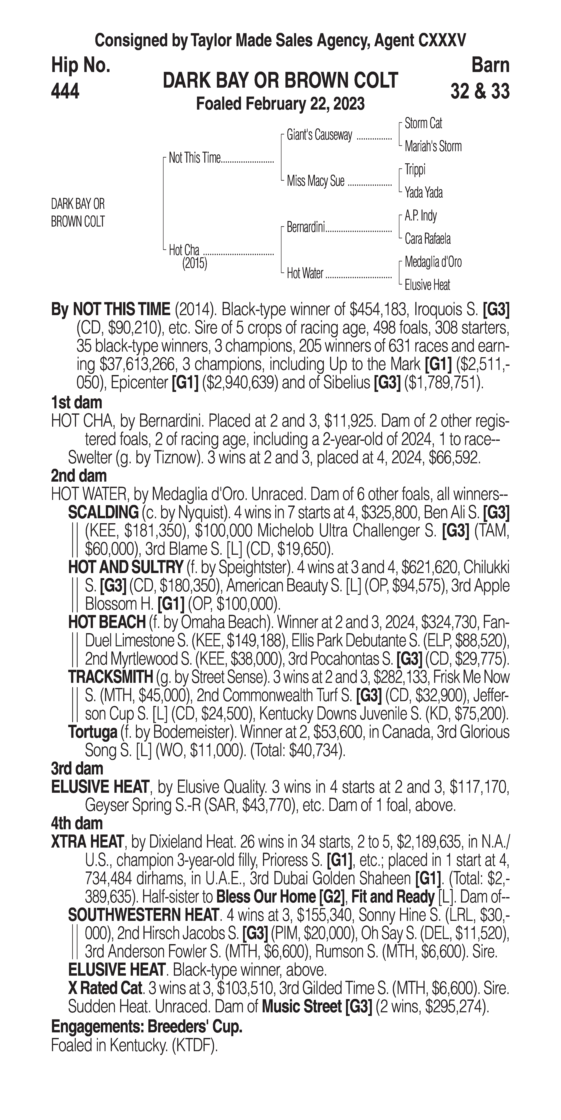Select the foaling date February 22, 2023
[280, 104]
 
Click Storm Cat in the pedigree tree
[423, 123]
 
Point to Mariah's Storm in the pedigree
[433, 147]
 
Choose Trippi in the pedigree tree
[415, 170]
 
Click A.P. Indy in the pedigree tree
[421, 216]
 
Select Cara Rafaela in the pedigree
[427, 239]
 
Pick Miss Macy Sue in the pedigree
[315, 181]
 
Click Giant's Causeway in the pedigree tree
[319, 135]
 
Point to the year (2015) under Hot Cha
[194, 264]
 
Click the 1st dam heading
[76, 402]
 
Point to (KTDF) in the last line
[194, 1044]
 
